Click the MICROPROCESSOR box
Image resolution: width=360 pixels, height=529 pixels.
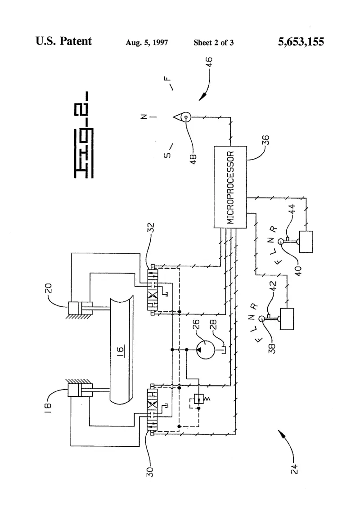[230, 187]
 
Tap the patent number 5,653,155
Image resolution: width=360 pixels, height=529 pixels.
[301, 41]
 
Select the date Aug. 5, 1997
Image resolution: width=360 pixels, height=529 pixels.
[147, 42]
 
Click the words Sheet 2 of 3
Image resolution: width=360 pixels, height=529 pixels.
[214, 42]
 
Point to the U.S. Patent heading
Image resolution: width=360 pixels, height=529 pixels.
[63, 41]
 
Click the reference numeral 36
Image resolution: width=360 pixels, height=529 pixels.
[266, 139]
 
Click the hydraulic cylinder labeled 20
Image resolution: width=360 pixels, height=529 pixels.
[80, 308]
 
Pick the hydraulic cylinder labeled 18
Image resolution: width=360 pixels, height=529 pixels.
[80, 390]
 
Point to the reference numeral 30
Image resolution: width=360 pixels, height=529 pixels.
[150, 471]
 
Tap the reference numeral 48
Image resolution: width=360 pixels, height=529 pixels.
[193, 158]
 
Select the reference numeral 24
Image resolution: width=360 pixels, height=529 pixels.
[294, 469]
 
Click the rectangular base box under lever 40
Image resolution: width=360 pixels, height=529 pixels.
[306, 242]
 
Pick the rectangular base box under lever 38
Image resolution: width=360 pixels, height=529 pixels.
[287, 319]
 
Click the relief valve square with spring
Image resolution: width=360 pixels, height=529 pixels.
[199, 399]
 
